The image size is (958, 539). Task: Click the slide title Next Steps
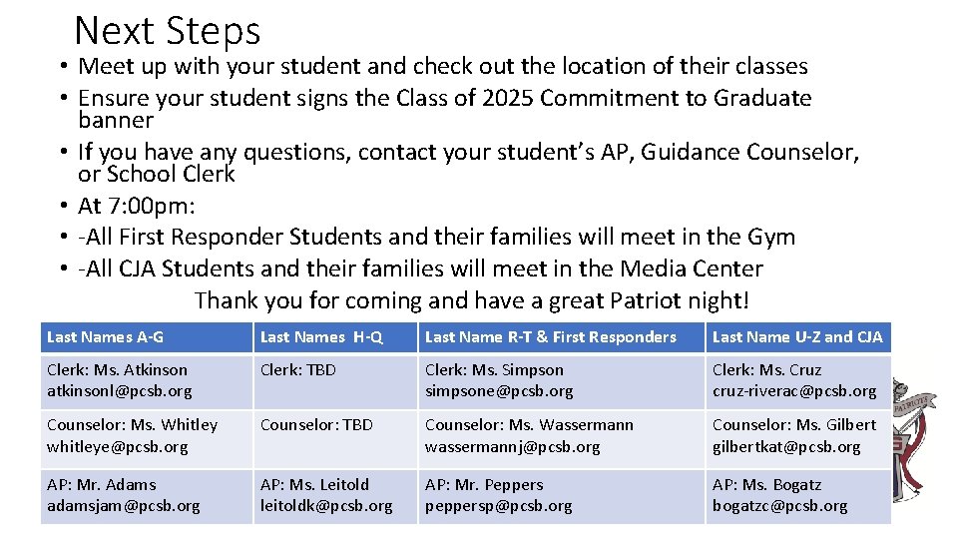click(x=167, y=31)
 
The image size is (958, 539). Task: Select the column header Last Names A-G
click(x=105, y=337)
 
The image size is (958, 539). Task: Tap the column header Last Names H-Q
click(x=321, y=337)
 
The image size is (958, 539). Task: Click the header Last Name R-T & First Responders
click(x=551, y=337)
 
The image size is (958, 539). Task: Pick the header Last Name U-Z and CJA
click(x=797, y=337)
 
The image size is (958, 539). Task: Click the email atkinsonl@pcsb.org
click(x=120, y=391)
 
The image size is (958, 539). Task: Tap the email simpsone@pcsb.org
click(x=499, y=391)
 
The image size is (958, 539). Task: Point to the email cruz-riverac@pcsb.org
click(x=794, y=391)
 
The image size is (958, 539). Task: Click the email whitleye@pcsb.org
click(x=117, y=447)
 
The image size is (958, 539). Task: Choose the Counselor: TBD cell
click(x=316, y=425)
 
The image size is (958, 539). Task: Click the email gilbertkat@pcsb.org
click(x=786, y=447)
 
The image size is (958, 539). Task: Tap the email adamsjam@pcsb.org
click(x=123, y=506)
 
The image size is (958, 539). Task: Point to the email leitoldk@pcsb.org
click(x=326, y=506)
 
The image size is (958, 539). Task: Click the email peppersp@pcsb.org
click(x=499, y=506)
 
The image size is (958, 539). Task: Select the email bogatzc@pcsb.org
click(x=780, y=506)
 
